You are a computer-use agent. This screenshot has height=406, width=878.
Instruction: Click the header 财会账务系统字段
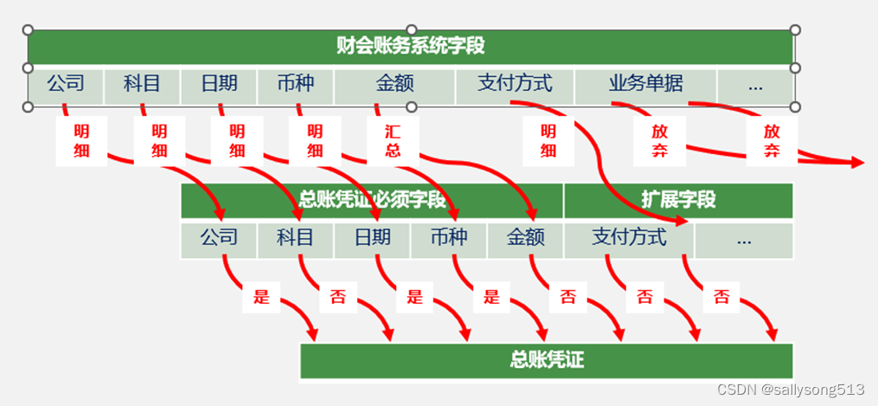(x=411, y=46)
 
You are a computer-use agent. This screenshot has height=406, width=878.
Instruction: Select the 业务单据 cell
(x=645, y=84)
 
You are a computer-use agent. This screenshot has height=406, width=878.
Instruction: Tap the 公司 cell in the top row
(x=66, y=84)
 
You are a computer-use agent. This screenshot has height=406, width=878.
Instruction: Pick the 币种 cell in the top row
(x=295, y=84)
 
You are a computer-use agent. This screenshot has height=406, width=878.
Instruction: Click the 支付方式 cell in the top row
(x=515, y=84)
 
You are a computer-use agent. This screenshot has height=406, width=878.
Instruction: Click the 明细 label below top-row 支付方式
(x=548, y=141)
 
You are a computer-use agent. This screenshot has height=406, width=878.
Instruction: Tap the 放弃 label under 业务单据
(x=660, y=141)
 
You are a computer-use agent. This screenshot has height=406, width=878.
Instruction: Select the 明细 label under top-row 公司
(x=81, y=141)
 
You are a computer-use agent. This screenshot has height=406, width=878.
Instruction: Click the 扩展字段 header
(x=678, y=200)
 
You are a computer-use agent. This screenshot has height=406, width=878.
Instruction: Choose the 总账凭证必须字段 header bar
(x=372, y=200)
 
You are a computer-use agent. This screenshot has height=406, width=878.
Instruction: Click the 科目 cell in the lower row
(x=295, y=237)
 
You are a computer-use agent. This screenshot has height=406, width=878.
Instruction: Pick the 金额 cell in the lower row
(x=525, y=237)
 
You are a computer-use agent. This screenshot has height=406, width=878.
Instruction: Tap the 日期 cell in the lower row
(x=372, y=237)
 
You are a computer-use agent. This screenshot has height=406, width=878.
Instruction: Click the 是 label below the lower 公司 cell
(x=261, y=298)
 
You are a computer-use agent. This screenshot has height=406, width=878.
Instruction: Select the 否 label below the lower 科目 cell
(x=337, y=298)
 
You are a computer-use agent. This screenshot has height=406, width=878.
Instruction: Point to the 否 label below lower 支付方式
(x=644, y=298)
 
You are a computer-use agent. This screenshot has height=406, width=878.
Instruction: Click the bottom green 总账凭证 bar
(x=546, y=359)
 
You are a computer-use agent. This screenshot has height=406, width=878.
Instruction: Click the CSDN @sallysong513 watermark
(x=791, y=390)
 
